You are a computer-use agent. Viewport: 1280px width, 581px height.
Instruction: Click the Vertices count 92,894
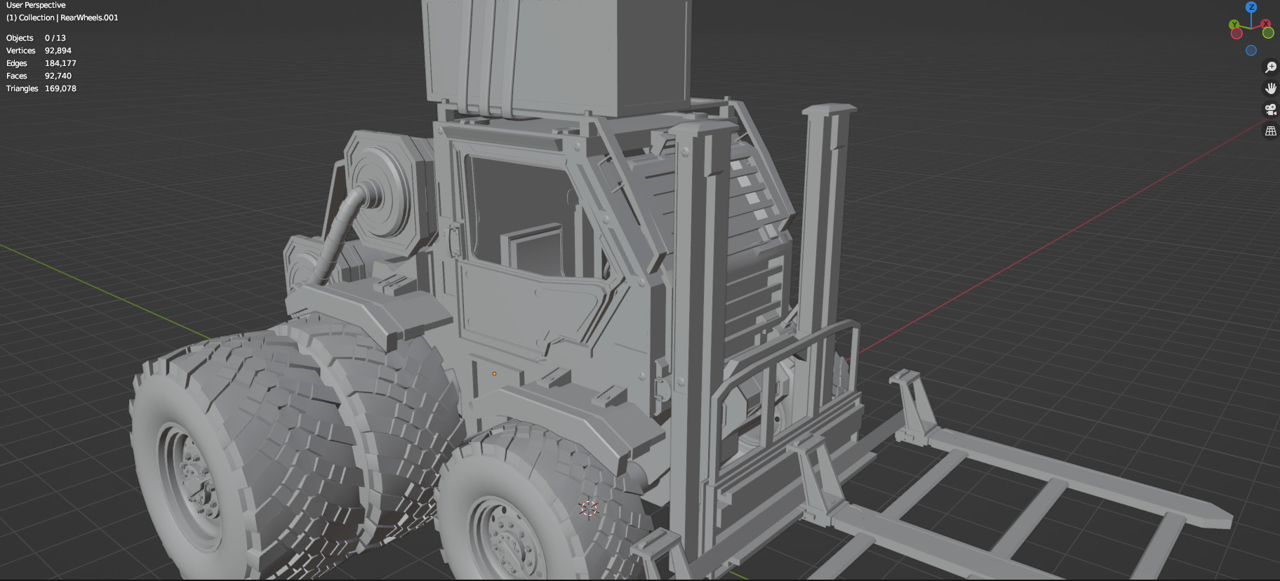[58, 51]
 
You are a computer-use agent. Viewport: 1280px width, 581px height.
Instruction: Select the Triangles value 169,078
[60, 88]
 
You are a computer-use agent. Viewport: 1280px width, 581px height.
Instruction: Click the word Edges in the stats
[17, 63]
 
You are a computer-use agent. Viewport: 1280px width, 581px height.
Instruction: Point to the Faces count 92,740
[58, 76]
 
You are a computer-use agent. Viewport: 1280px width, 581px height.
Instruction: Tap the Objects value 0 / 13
[55, 38]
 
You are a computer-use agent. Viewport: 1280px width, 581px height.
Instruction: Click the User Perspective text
[36, 5]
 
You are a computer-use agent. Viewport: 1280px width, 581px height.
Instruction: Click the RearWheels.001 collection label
[89, 18]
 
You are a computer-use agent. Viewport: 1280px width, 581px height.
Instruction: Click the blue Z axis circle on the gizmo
[1251, 7]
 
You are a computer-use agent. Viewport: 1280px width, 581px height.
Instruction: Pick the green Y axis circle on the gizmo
[1234, 25]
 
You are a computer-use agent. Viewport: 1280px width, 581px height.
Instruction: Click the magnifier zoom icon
[1270, 67]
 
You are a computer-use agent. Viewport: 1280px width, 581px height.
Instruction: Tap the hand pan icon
[1270, 88]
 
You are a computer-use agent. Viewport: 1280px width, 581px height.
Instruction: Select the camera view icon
[1270, 109]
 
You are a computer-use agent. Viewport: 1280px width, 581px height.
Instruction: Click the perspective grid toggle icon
[1270, 131]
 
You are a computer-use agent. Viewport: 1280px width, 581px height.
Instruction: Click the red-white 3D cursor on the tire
[589, 509]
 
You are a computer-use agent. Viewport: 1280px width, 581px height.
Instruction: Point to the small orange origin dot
[494, 374]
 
